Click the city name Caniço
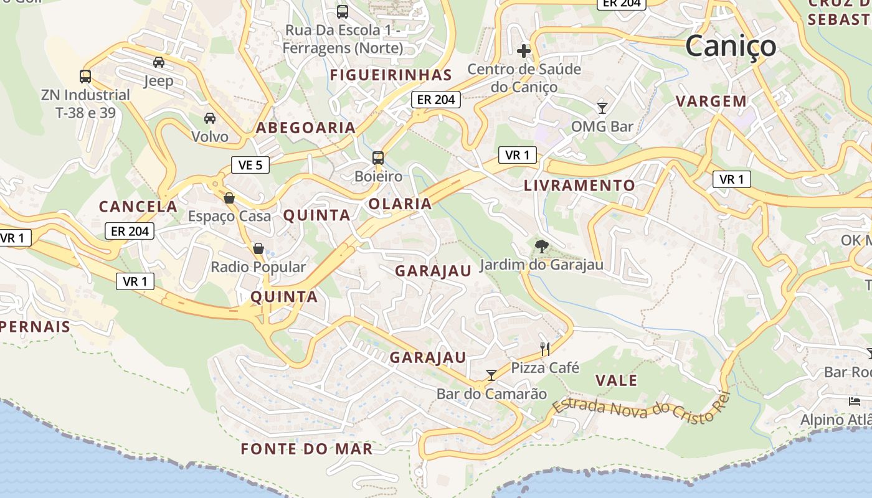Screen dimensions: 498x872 coord(731,46)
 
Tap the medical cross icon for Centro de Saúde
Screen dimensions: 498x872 coord(524,50)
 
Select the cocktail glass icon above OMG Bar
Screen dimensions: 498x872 coord(602,108)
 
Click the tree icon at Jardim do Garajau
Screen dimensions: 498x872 coord(541,247)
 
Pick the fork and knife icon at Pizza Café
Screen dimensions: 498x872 coord(545,349)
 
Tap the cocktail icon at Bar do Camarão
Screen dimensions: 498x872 coord(491,375)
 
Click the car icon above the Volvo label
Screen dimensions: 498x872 coord(210,118)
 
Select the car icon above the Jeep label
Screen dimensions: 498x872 coord(159,62)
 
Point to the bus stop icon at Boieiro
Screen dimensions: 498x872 coord(378,157)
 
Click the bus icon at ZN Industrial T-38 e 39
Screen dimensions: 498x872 coord(85,77)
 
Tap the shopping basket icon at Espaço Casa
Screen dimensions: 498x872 coord(229,198)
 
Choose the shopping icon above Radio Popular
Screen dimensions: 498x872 coord(258,249)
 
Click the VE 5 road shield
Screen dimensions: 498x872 coord(250,165)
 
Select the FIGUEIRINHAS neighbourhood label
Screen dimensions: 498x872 coord(391,75)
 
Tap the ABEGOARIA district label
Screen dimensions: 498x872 coord(306,128)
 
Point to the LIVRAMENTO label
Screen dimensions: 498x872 coord(579,186)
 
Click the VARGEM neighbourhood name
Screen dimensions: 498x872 coord(711,101)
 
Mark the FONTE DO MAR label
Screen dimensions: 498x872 coord(306,449)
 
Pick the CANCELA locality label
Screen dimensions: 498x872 coord(138,207)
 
